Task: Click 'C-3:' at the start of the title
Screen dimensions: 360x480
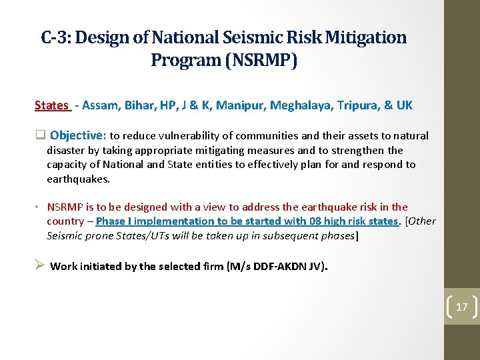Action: coord(56,37)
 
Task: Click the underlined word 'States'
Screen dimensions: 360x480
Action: coord(51,105)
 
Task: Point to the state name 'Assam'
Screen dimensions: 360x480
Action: coord(100,105)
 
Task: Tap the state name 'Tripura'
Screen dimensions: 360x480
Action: coord(351,105)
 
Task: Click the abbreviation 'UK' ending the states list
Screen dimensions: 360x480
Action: coord(405,105)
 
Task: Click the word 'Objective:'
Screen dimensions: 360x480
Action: coord(78,135)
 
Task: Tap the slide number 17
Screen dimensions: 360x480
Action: coord(462,307)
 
